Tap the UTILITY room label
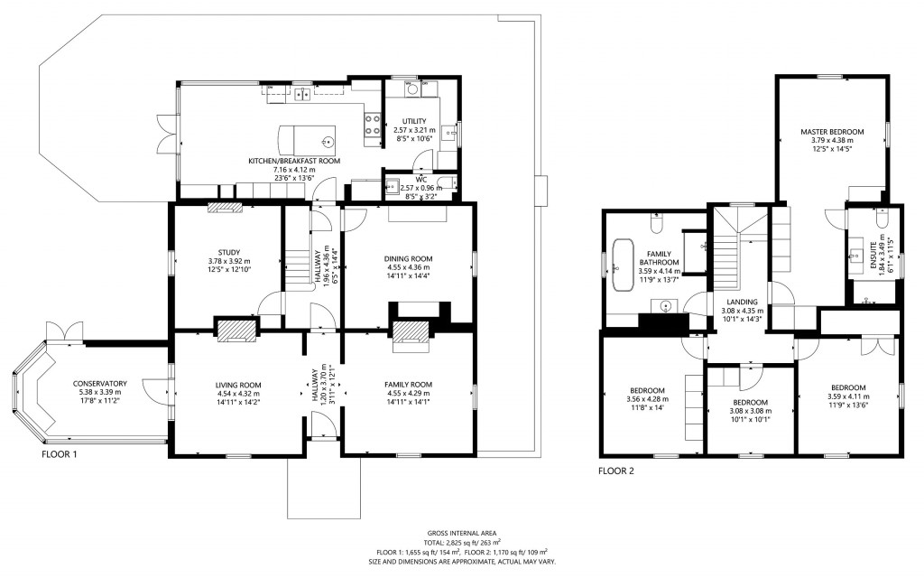pyautogui.click(x=414, y=121)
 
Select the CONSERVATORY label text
pyautogui.click(x=100, y=384)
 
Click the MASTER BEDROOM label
pyautogui.click(x=832, y=132)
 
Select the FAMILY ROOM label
pyautogui.click(x=408, y=384)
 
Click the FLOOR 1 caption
pyautogui.click(x=60, y=454)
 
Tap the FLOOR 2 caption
pyautogui.click(x=616, y=471)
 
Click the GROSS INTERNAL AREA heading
pyautogui.click(x=461, y=534)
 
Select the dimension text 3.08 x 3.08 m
pyautogui.click(x=750, y=411)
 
